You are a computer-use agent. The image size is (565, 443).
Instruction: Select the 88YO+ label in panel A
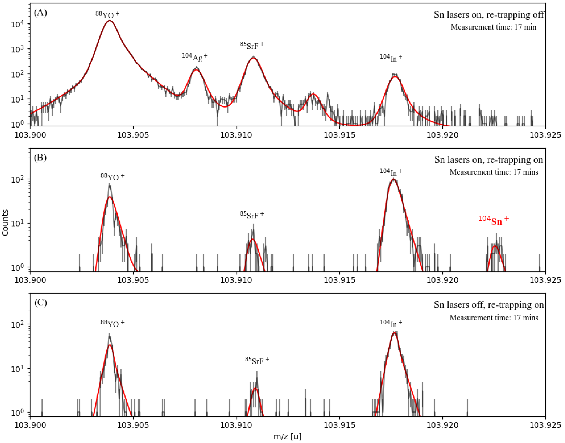point(108,15)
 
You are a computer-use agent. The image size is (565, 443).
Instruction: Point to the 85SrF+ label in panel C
point(257,360)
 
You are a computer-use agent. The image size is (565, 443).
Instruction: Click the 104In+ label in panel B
point(391,172)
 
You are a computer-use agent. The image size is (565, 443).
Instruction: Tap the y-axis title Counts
point(5,223)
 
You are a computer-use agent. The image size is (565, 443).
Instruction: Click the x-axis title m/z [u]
point(287,436)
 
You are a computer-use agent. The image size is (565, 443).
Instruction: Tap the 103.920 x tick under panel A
point(442,135)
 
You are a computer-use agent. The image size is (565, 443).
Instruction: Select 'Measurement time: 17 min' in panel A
point(493,27)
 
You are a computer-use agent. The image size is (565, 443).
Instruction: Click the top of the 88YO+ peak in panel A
point(110,21)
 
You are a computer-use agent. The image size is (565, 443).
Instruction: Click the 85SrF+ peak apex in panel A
point(253,58)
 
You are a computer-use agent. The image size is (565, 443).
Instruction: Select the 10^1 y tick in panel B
point(17,224)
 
